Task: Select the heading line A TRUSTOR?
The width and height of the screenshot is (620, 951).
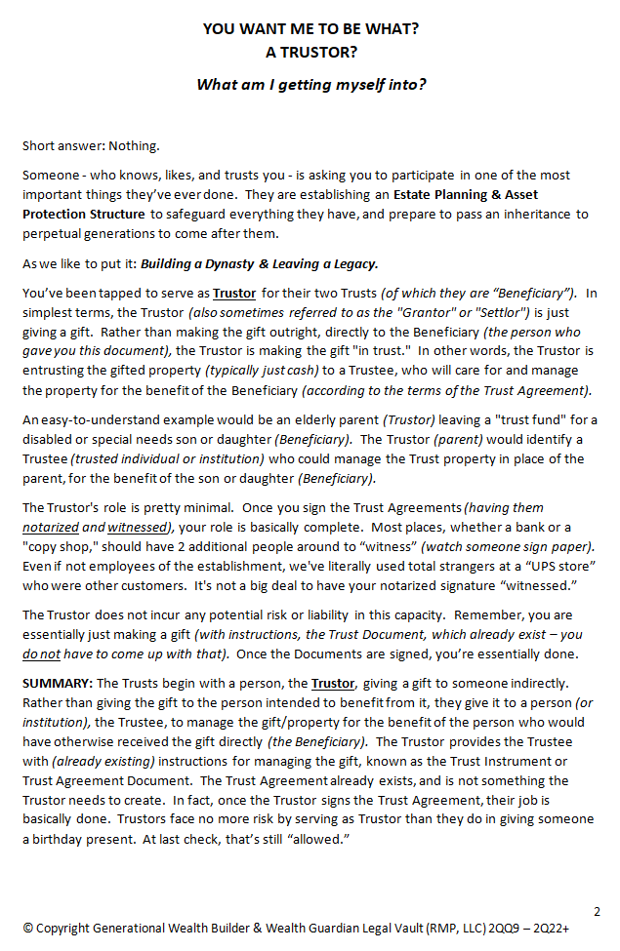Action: click(x=310, y=53)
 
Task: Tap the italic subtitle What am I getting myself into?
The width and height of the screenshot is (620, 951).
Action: click(x=310, y=84)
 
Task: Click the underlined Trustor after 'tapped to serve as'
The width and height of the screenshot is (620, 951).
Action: click(x=234, y=293)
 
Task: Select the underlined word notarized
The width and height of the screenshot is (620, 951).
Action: click(x=51, y=528)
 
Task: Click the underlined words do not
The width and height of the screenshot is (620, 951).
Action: click(x=42, y=654)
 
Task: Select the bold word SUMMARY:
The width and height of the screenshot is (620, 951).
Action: click(x=57, y=684)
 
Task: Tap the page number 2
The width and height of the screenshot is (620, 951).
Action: click(x=597, y=911)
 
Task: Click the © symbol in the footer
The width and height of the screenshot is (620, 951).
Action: click(x=28, y=930)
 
